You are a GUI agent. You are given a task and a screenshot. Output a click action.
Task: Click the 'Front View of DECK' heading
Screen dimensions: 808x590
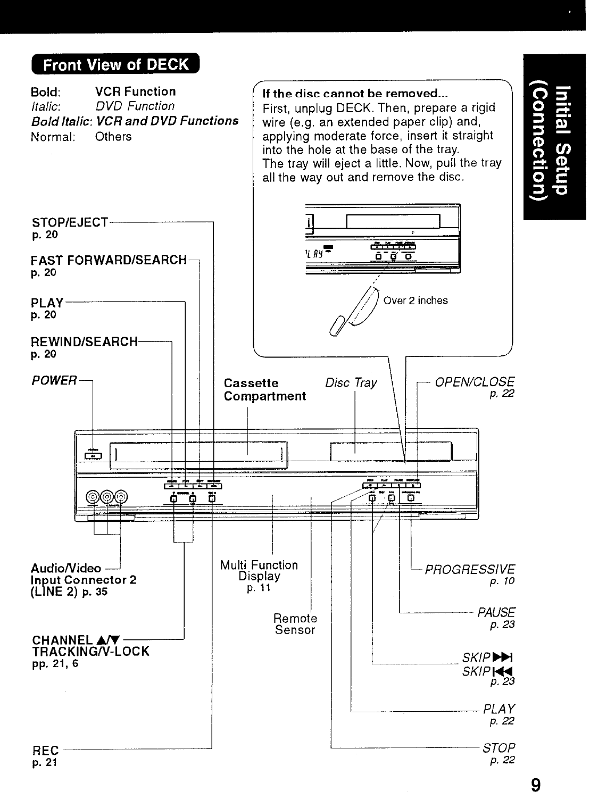[115, 65]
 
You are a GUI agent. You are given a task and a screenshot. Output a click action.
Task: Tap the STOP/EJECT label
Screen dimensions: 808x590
[70, 222]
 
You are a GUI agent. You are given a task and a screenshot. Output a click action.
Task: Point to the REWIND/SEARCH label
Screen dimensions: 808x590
[85, 341]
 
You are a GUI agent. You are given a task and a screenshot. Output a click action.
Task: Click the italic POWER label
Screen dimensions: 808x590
[54, 380]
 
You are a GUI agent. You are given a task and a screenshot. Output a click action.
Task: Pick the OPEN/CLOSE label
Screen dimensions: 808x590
[475, 382]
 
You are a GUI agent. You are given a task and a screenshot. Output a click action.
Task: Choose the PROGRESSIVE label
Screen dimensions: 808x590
[470, 569]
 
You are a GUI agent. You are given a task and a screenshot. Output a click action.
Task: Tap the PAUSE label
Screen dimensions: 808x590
[496, 612]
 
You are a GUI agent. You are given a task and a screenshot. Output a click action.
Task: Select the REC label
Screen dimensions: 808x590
[46, 751]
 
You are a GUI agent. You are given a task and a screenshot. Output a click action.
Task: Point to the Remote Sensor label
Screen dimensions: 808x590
[295, 624]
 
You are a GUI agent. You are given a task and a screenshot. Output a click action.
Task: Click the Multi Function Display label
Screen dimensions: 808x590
[259, 570]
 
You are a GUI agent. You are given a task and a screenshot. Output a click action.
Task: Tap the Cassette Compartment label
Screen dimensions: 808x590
[264, 389]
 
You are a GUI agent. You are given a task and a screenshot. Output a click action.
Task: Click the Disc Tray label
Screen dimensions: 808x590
[351, 382]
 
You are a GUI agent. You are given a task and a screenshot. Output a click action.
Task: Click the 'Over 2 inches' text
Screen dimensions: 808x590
[416, 301]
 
